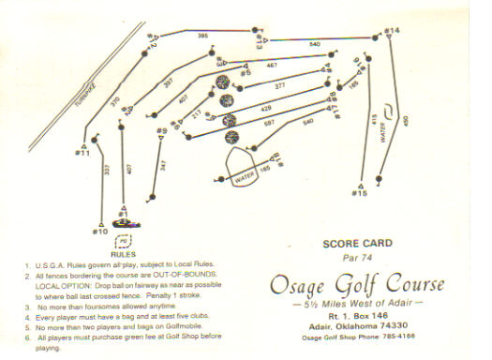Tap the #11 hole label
[82, 152]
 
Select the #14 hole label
[392, 31]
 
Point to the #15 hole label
[360, 193]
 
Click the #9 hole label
[162, 131]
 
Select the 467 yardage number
[272, 65]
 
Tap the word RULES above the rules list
[125, 254]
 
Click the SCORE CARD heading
[356, 242]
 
